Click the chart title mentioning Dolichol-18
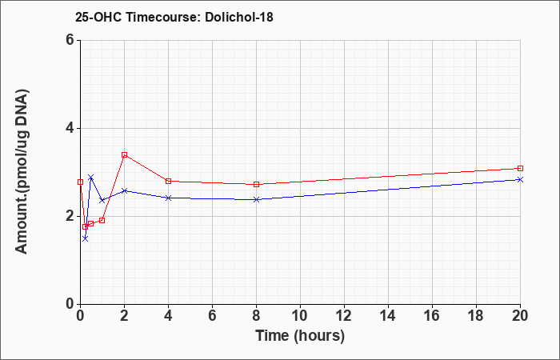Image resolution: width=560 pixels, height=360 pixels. point(174,17)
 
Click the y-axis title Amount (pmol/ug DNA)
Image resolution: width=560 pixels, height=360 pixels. point(22,172)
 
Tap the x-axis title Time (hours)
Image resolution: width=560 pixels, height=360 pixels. point(300,336)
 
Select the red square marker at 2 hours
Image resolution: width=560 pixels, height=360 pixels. point(124,154)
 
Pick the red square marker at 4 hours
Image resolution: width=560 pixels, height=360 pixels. point(168,181)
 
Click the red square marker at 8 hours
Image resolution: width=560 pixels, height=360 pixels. point(256,184)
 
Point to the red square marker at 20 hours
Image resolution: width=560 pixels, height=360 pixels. point(520,168)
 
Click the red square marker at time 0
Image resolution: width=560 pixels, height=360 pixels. point(80,182)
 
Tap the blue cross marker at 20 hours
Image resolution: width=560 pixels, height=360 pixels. point(520,180)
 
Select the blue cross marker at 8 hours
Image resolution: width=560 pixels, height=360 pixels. point(256,199)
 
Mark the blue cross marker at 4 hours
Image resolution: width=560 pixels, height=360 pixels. point(168,198)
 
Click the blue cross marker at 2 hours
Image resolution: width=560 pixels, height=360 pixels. point(124,190)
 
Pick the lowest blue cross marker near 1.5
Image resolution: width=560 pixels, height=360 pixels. point(85,238)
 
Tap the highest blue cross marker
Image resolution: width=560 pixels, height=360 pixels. point(90,178)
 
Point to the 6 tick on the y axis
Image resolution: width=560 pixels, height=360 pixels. point(70,40)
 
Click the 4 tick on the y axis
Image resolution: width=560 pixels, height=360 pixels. point(70,128)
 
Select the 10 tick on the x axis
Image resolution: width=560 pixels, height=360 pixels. point(300,316)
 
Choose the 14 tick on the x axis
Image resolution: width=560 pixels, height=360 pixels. point(388,316)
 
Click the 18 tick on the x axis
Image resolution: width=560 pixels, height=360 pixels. point(476,316)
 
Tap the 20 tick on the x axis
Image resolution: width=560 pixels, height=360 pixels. point(520,316)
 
